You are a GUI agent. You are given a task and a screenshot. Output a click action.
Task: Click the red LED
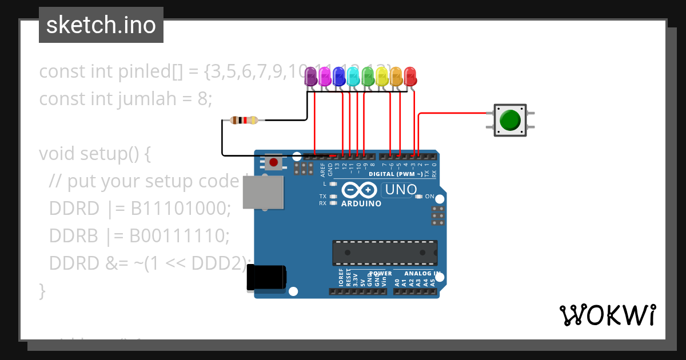pyautogui.click(x=410, y=75)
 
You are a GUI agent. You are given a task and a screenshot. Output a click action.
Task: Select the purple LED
pyautogui.click(x=310, y=75)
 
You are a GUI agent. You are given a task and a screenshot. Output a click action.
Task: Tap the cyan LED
pyautogui.click(x=353, y=75)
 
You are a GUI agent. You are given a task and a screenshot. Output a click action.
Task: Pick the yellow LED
pyautogui.click(x=382, y=75)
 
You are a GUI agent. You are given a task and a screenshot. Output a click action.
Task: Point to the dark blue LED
pyautogui.click(x=339, y=75)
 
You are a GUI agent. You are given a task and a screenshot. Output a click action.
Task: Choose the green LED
pyautogui.click(x=368, y=75)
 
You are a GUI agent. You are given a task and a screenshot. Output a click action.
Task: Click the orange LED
pyautogui.click(x=396, y=75)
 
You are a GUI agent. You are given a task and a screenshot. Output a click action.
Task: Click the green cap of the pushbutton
pyautogui.click(x=510, y=121)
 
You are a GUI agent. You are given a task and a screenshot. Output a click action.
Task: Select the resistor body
pyautogui.click(x=244, y=120)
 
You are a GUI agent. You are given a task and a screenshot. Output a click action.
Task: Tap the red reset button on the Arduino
pyautogui.click(x=274, y=162)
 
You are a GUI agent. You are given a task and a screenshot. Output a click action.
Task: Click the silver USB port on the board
pyautogui.click(x=264, y=192)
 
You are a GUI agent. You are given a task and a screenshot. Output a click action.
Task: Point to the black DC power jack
pyautogui.click(x=266, y=278)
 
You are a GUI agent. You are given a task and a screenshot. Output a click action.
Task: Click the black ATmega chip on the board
pyautogui.click(x=385, y=253)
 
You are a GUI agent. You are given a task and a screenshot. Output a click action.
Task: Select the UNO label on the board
pyautogui.click(x=400, y=189)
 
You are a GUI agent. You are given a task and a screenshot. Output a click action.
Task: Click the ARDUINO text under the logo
pyautogui.click(x=361, y=204)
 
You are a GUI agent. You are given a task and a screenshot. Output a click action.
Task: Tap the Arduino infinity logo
pyautogui.click(x=360, y=190)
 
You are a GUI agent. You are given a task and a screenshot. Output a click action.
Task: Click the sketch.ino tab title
pyautogui.click(x=101, y=25)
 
